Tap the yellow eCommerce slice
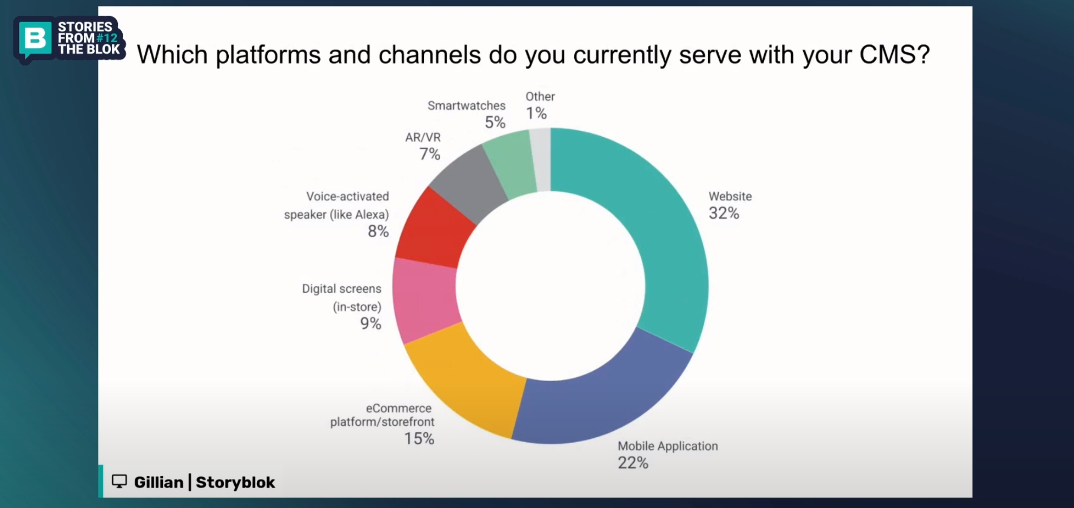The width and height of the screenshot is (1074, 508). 465,378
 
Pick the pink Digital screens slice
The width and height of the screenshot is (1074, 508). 425,300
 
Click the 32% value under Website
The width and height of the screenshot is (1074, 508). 724,213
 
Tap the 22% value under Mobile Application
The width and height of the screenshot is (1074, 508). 633,463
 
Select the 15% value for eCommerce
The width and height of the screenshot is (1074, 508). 419,439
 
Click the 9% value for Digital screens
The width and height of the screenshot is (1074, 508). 371,324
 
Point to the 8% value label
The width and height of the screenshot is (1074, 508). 378,231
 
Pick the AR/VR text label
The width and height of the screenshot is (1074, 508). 423,137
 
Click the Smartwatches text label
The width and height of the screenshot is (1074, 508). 466,105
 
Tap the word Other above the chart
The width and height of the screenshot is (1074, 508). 540,97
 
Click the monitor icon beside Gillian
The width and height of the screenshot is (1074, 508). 120,482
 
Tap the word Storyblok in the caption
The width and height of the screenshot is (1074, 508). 235,482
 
